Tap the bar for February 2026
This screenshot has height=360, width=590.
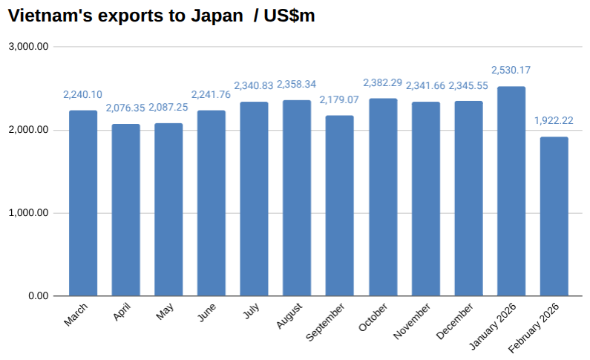554,216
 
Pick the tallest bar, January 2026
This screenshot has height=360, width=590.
511,191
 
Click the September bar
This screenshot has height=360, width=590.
340,206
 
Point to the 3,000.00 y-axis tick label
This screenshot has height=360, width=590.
29,47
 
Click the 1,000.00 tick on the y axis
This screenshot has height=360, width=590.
29,213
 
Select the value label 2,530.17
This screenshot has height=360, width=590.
511,71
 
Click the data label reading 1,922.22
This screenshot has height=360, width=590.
554,120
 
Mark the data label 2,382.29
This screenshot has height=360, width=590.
383,82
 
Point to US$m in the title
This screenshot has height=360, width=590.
290,16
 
